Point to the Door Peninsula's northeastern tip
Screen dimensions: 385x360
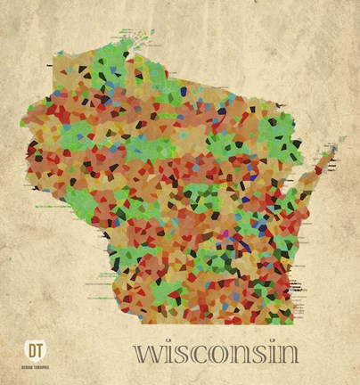(341, 140)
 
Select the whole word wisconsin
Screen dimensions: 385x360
(217, 351)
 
